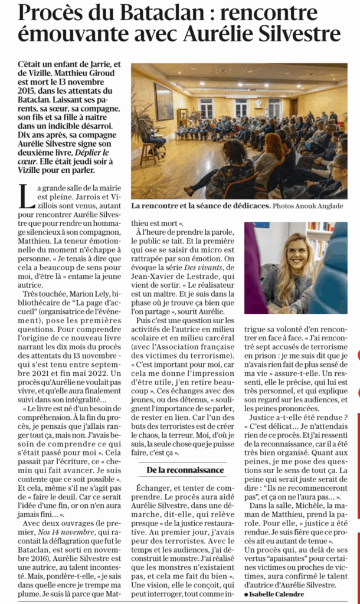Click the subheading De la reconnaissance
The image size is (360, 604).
click(185, 470)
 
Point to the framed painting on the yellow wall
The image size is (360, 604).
click(163, 101)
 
